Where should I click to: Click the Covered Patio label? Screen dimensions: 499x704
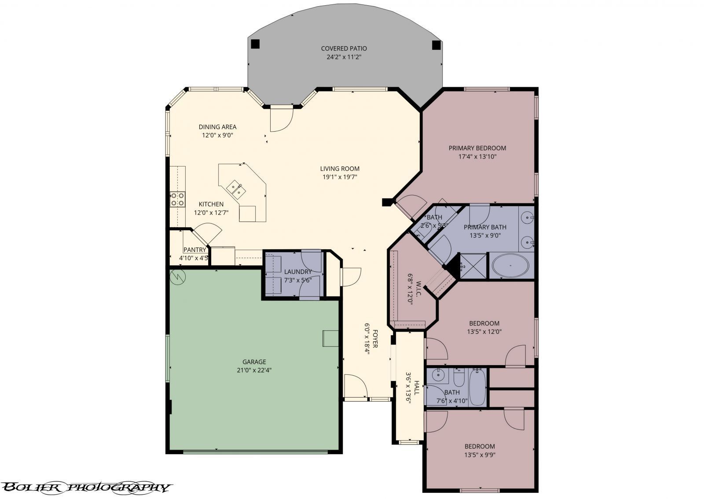point(344,48)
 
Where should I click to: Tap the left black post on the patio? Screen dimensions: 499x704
point(255,44)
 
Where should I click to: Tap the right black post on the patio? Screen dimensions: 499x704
point(436,44)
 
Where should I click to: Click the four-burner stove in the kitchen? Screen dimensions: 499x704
point(177,200)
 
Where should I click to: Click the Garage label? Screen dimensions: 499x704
point(254,362)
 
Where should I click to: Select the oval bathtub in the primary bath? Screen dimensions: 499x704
point(510,266)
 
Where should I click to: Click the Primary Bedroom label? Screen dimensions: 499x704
point(477,148)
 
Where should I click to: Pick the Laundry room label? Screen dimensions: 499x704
point(298,272)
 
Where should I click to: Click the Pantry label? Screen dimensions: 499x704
point(194,250)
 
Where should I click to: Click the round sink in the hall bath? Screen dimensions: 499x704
point(438,376)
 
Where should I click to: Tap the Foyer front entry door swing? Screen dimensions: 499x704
point(356,386)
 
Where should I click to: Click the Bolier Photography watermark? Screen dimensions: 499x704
point(86,487)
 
